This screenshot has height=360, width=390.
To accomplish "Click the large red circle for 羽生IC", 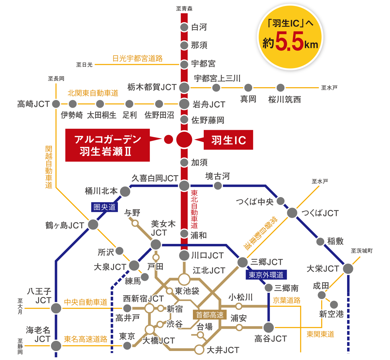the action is (184, 139).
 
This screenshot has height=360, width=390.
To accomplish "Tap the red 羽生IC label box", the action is (228, 140).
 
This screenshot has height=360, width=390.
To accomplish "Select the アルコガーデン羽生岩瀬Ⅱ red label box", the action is (107, 145).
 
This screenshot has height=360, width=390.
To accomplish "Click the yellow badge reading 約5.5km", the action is (290, 37).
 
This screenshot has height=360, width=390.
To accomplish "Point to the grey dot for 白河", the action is (184, 27).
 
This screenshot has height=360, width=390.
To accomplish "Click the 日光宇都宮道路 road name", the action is (137, 58).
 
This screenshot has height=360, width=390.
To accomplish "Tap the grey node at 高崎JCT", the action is (56, 104).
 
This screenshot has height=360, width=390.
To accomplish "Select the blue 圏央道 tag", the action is (104, 207).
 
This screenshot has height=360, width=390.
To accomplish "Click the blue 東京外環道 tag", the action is (266, 275).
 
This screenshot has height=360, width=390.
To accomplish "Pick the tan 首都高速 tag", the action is (210, 315).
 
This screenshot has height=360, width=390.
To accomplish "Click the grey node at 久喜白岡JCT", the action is (184, 186).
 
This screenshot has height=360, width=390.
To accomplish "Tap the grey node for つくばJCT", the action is (292, 213).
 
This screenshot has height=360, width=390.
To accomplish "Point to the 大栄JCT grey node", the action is (348, 269).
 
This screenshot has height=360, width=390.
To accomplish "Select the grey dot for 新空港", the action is (334, 304).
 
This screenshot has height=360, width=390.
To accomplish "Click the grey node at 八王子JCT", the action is (56, 308).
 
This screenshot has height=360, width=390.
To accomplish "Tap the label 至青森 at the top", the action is (184, 9).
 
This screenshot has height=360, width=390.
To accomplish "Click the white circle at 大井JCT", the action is (199, 349).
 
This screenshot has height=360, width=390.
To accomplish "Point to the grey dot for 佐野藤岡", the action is (184, 119).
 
